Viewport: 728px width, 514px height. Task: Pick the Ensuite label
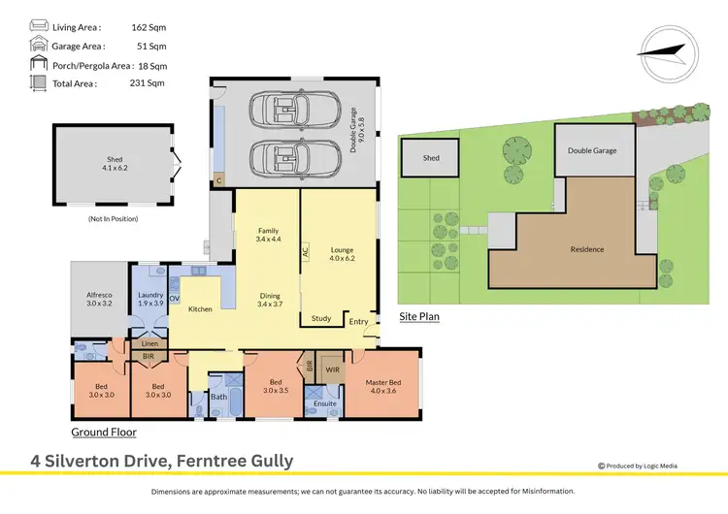(x=325, y=403)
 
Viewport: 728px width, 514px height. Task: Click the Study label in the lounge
(x=321, y=318)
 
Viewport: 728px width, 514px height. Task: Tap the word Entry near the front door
(x=359, y=321)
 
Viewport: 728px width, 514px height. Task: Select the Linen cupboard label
(x=149, y=343)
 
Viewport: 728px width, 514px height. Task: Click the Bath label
(x=218, y=396)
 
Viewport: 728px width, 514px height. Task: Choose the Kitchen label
(x=200, y=309)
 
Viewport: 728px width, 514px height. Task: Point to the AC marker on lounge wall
(x=305, y=249)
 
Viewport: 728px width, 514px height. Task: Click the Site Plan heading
(x=419, y=316)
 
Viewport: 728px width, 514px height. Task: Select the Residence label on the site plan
(x=585, y=249)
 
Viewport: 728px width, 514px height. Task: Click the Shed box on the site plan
(x=431, y=158)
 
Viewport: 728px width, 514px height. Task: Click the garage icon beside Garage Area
(x=39, y=46)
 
